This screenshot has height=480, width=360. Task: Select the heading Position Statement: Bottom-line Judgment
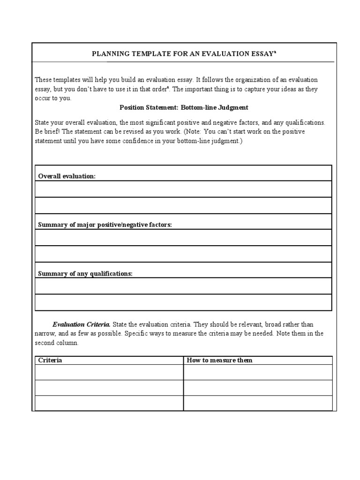pyautogui.click(x=184, y=107)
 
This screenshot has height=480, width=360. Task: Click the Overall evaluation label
pyautogui.click(x=67, y=176)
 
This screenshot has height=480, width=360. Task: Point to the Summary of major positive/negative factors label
pyautogui.click(x=105, y=225)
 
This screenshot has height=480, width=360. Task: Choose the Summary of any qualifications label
pyautogui.click(x=85, y=274)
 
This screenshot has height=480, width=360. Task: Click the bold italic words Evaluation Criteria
pyautogui.click(x=81, y=324)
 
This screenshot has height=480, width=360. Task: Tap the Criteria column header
pyautogui.click(x=50, y=360)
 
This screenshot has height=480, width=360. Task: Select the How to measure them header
pyautogui.click(x=219, y=360)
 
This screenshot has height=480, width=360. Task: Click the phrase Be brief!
pyautogui.click(x=47, y=132)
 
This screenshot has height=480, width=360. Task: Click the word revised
pyautogui.click(x=127, y=132)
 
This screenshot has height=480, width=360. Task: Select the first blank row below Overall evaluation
pyautogui.click(x=183, y=189)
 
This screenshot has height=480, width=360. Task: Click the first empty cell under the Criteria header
pyautogui.click(x=109, y=372)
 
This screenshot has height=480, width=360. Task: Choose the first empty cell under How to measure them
pyautogui.click(x=258, y=372)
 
